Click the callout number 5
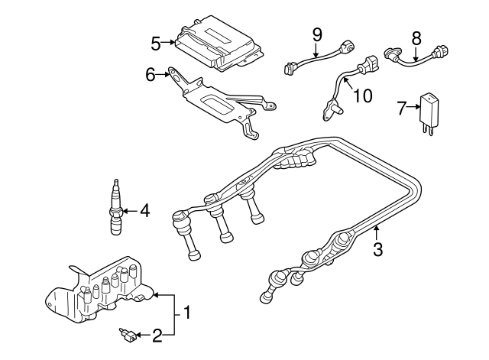click(x=155, y=43)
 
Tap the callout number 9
click(x=317, y=34)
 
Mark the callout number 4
click(x=144, y=211)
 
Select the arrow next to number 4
click(x=129, y=211)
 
